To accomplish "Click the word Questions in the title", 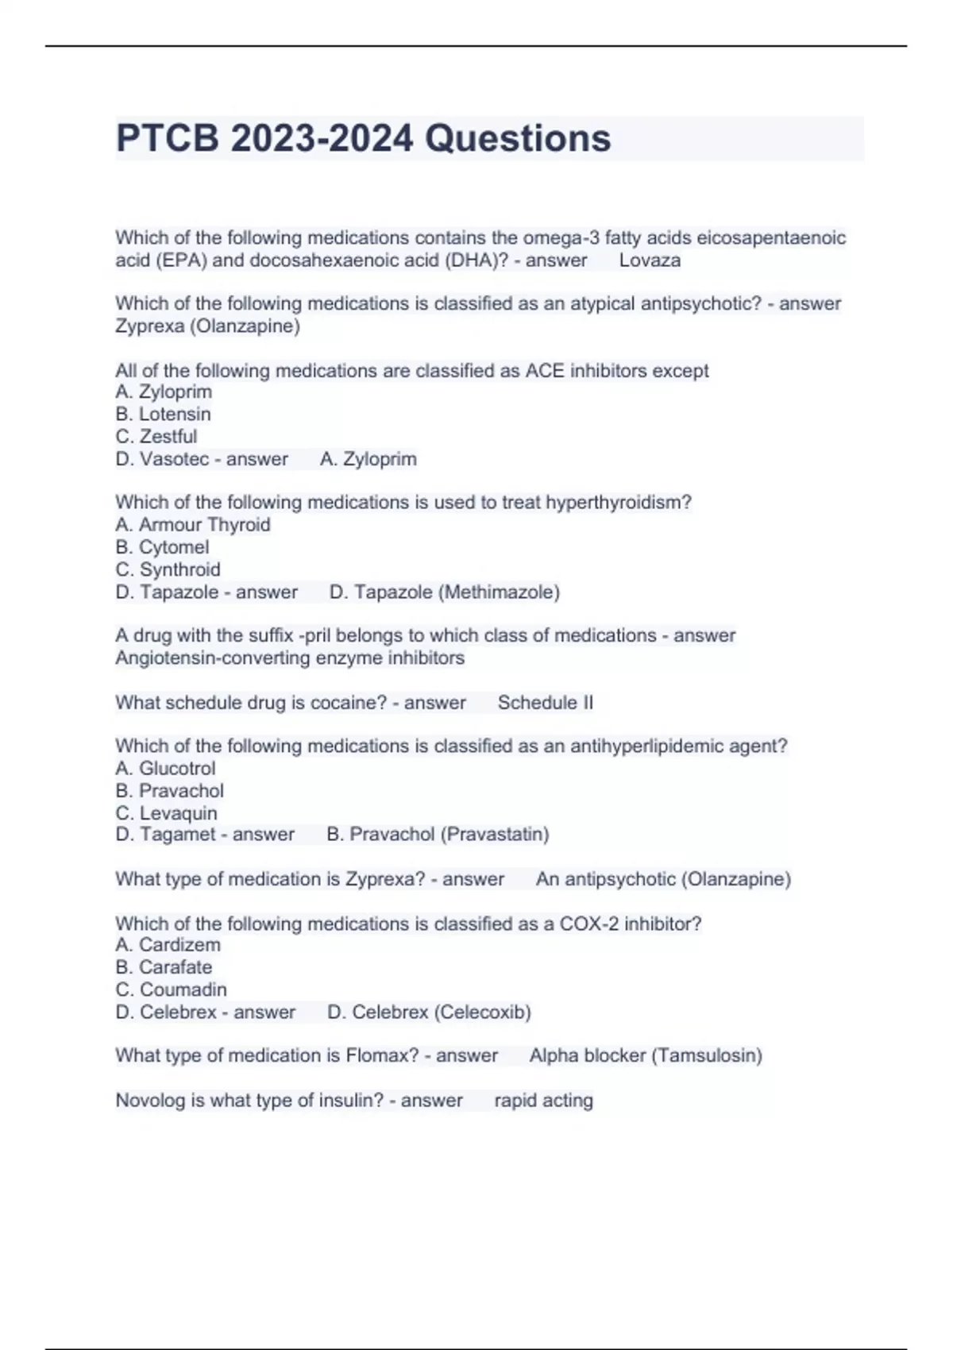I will tap(518, 138).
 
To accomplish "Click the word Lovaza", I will tap(650, 260).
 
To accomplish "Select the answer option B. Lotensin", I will tap(164, 414).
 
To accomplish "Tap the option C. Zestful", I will tap(156, 436).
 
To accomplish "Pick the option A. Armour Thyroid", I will tap(193, 524).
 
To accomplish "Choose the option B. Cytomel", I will tap(163, 547).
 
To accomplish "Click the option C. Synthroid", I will tap(168, 569).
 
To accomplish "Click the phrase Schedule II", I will tap(546, 703).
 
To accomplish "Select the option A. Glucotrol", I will tap(165, 768).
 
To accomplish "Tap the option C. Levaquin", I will tap(167, 813).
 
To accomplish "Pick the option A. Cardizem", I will tap(168, 944).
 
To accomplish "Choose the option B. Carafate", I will tap(164, 967).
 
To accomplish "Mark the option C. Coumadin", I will tap(172, 989).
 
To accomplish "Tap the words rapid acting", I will tap(543, 1101).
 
